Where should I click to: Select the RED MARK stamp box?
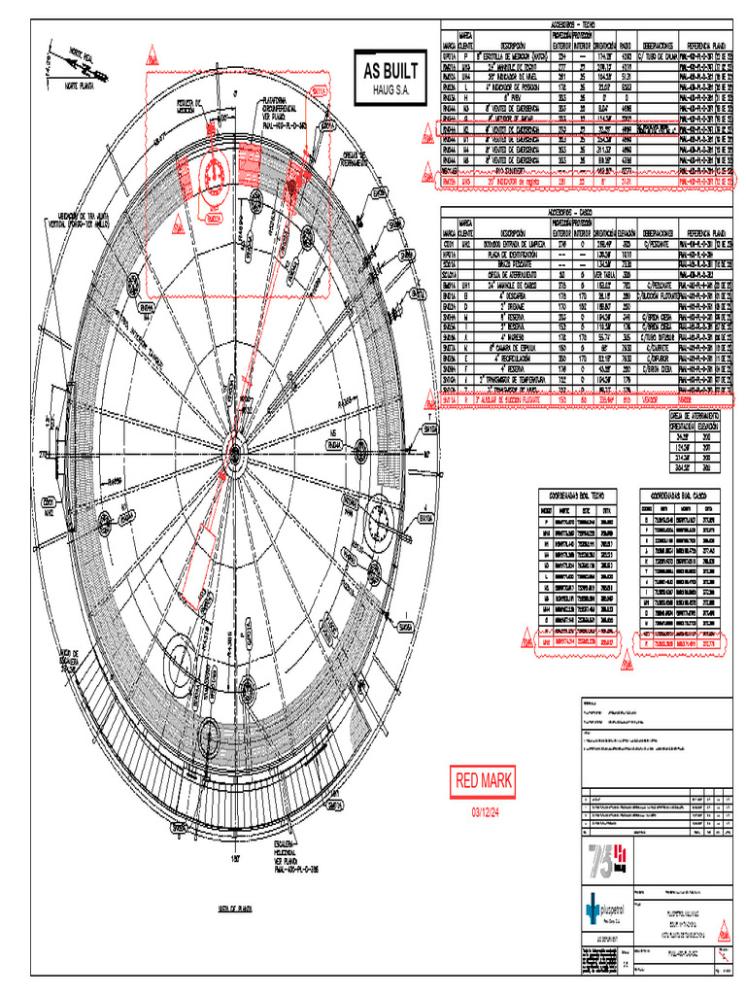485,780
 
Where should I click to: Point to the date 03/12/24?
485,811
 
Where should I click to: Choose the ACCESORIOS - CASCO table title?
582,210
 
